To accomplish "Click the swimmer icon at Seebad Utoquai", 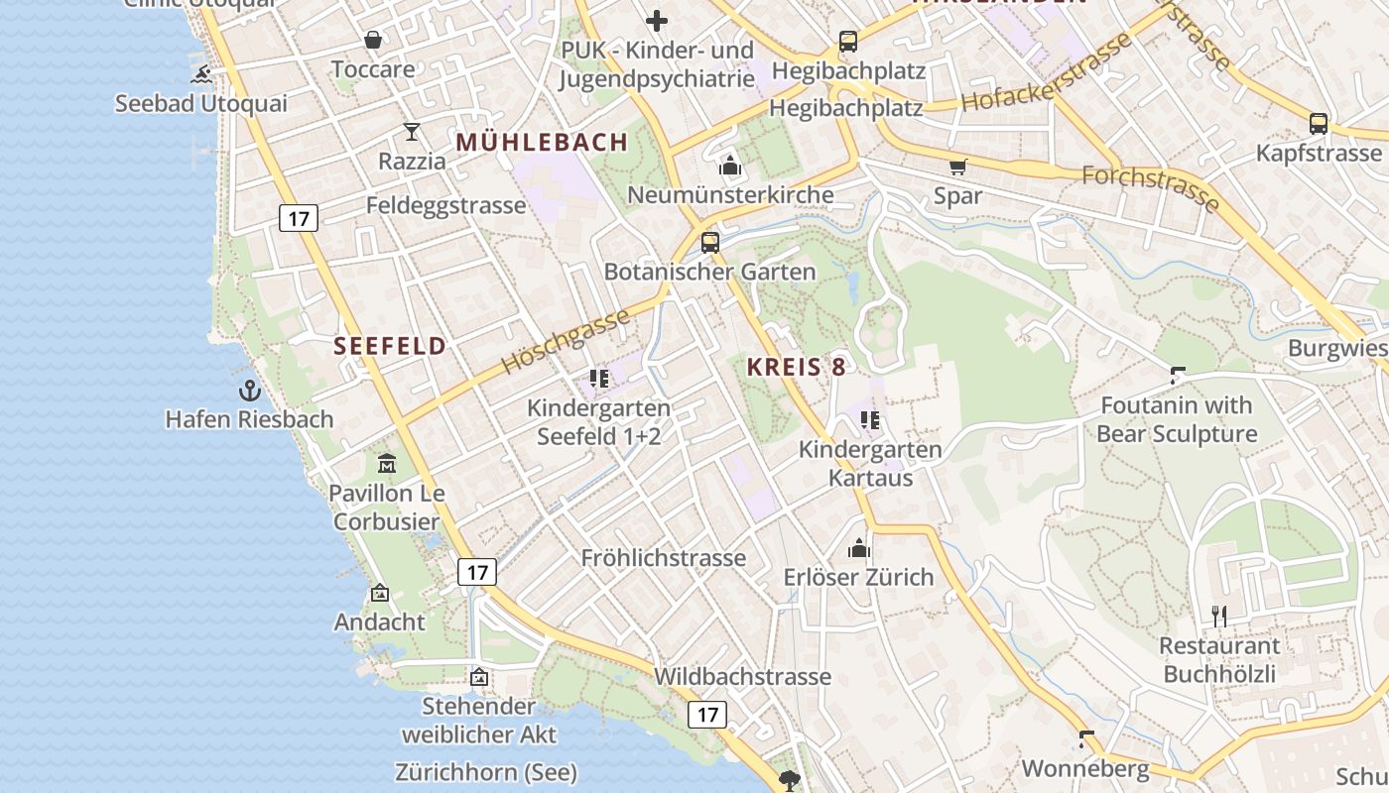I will point(202,74).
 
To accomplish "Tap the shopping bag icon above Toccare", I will point(373,40).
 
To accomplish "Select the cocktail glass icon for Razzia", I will point(412,132).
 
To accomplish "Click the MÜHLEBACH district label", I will point(542,142).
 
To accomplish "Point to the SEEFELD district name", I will point(390,346).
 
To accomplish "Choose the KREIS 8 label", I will point(796,367).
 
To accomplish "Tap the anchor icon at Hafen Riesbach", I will point(249,391).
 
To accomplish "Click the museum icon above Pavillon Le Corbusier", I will point(386,463).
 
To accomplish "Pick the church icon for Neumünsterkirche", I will point(730,166).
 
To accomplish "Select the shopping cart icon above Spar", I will point(957,167).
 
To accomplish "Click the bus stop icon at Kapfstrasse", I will point(1318,124).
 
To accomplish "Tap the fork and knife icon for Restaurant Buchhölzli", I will point(1219,617).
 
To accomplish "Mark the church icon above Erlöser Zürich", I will point(858,548).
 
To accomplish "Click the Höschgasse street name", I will point(565,341).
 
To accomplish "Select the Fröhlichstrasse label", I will point(663,558).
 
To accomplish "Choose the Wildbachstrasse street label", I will point(742,677).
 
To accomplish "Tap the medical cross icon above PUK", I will point(656,20).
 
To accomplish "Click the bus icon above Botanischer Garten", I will point(709,242).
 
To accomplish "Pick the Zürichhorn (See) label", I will point(485,772).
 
